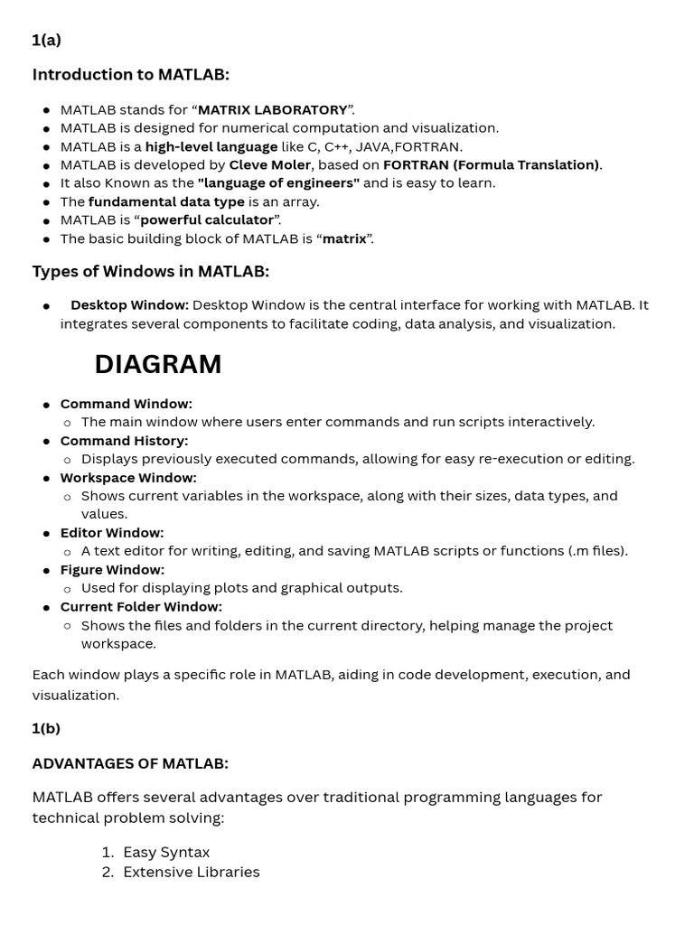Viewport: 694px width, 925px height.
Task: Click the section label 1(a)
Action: (46, 40)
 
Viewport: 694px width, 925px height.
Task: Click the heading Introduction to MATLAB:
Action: (131, 75)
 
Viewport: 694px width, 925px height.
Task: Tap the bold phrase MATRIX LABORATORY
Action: (272, 110)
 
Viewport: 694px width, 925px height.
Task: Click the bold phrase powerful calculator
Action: (207, 220)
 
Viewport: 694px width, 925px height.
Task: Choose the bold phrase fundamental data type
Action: (166, 201)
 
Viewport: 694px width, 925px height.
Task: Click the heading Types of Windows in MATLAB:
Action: (151, 272)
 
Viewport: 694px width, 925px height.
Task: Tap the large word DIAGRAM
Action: (158, 364)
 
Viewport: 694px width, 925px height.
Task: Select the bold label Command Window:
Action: (127, 404)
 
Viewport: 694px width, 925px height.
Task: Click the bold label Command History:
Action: (124, 441)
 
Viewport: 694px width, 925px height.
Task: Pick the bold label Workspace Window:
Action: (128, 478)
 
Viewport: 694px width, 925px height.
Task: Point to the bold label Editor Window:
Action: (112, 533)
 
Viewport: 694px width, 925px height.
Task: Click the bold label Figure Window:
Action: (112, 570)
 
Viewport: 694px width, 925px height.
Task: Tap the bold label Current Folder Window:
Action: (141, 607)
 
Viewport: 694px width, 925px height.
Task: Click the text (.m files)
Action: (597, 551)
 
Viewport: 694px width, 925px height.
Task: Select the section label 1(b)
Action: (46, 728)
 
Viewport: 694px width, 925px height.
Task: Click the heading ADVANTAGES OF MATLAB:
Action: (130, 763)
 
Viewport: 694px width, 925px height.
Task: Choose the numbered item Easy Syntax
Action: (166, 852)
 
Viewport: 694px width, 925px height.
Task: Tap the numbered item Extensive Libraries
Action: (192, 872)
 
